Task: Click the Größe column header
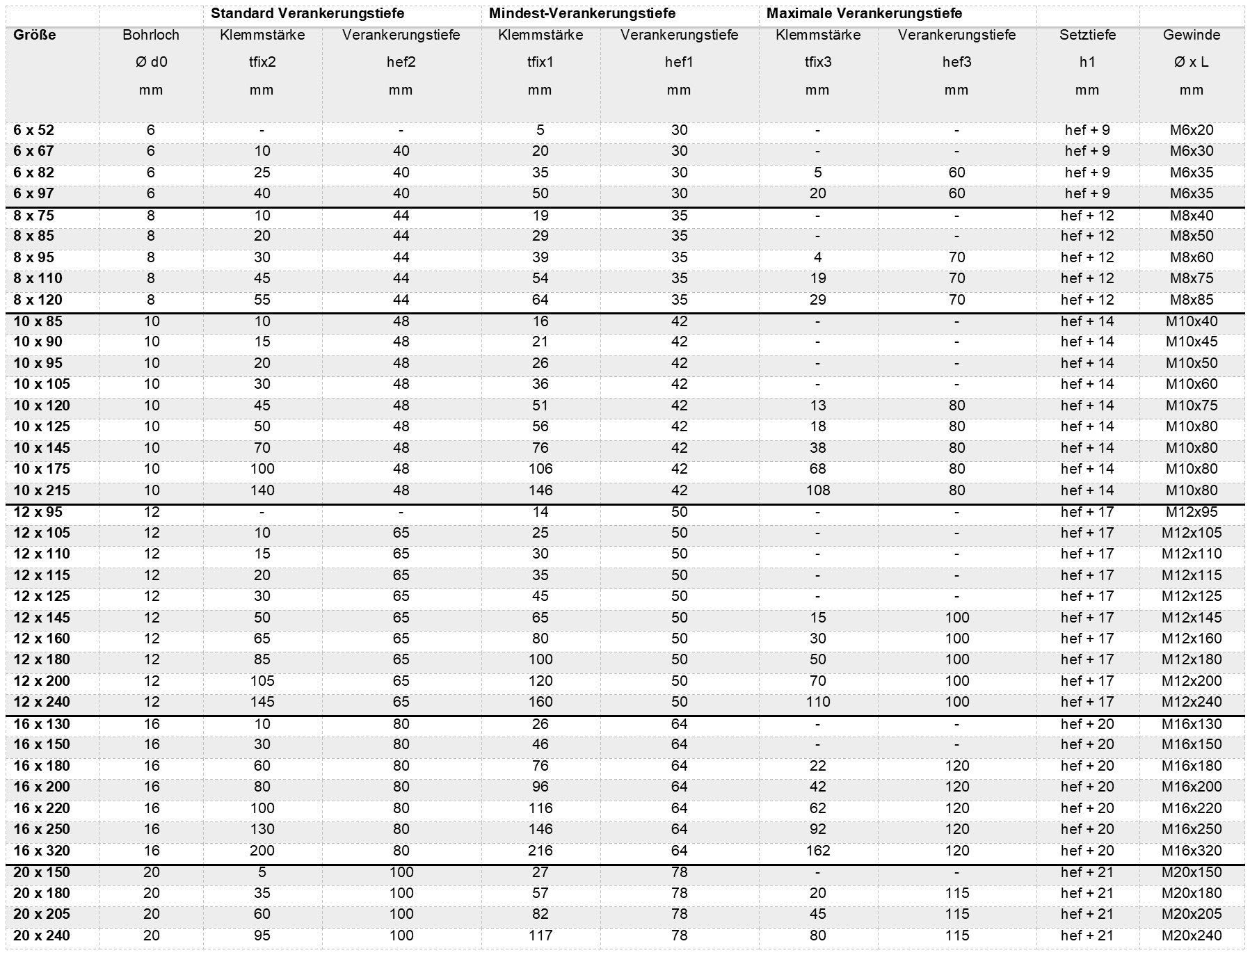(34, 35)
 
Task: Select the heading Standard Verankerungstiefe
(307, 13)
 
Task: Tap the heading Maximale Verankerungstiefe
(864, 13)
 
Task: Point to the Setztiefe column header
(1087, 35)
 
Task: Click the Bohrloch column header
(151, 35)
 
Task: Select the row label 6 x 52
(33, 130)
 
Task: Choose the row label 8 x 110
(38, 278)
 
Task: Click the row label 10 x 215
(42, 490)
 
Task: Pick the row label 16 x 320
(42, 851)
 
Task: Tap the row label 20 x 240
(42, 936)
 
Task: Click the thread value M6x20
(1192, 130)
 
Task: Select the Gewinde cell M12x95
(1192, 512)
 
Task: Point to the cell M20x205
(1192, 914)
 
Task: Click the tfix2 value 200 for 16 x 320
(262, 851)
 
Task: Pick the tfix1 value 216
(540, 851)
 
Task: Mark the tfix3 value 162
(817, 851)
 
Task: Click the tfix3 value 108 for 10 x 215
(817, 490)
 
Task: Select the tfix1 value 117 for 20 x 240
(540, 936)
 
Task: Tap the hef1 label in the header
(679, 62)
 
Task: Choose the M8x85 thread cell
(1192, 300)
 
